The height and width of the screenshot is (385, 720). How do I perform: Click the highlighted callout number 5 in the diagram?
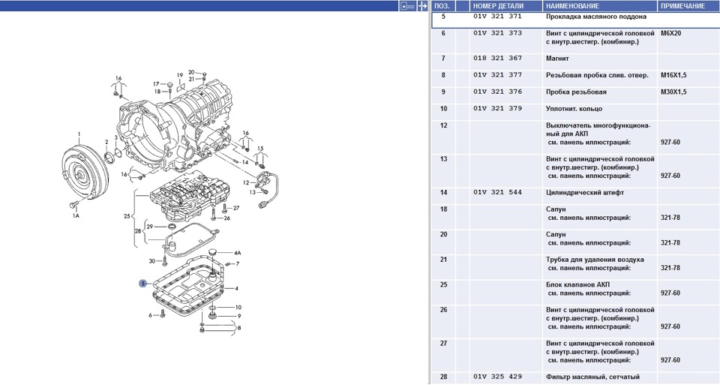[x=142, y=283]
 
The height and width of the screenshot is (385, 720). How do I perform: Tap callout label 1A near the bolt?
[x=75, y=216]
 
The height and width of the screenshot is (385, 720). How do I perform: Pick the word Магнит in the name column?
[x=559, y=58]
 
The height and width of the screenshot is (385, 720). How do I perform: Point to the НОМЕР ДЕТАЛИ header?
[x=498, y=5]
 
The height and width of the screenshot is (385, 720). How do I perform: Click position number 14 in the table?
[x=443, y=193]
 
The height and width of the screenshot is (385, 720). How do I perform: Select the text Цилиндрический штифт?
[x=586, y=193]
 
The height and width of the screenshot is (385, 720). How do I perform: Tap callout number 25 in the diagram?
[x=127, y=216]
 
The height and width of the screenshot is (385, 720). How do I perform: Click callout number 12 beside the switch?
[x=246, y=182]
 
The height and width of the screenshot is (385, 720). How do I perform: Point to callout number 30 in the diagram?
[x=151, y=261]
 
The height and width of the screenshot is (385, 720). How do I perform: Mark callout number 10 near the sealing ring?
[x=238, y=308]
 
